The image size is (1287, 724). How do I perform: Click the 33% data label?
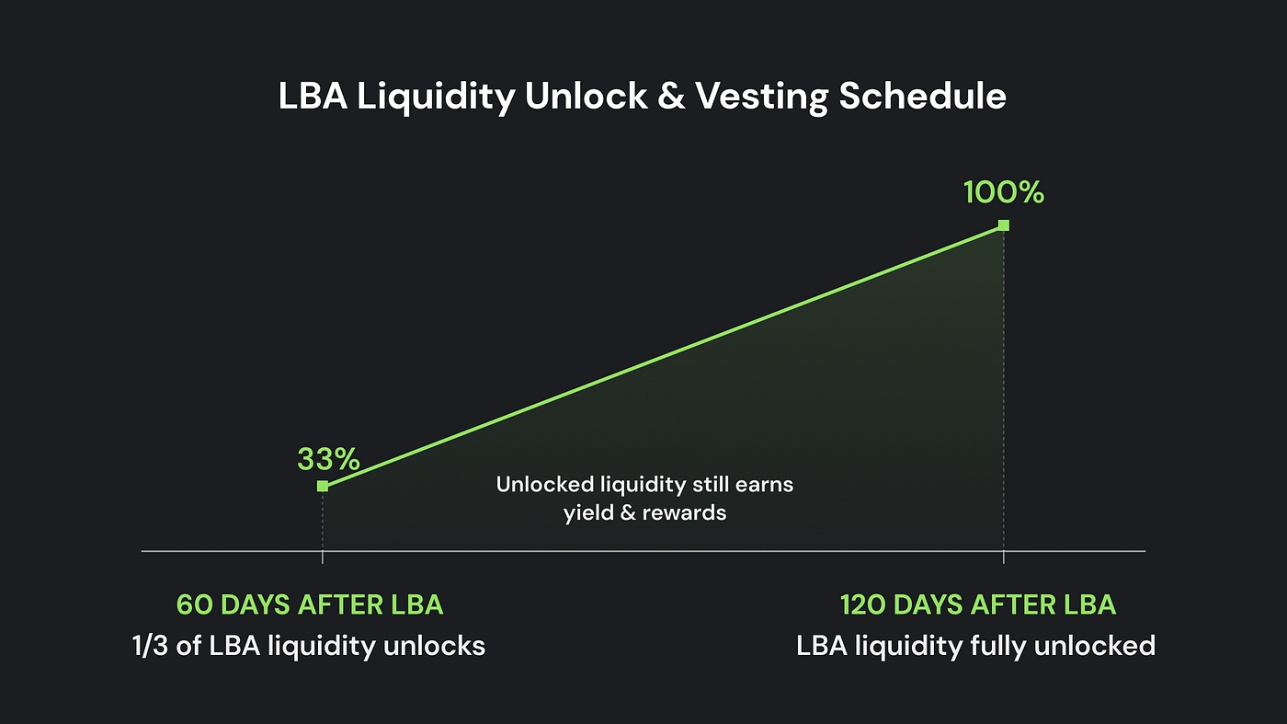pos(329,459)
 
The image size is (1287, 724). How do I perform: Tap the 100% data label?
pos(1004,192)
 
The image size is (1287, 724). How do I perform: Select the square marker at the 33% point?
pos(323,487)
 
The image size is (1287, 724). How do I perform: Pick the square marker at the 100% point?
pos(1004,224)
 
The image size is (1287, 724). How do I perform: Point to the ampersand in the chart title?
pos(672,96)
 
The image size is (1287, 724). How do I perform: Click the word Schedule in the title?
pos(923,96)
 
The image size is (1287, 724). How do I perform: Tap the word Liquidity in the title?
pos(436,97)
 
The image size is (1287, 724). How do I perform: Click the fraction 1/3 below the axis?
pos(150,646)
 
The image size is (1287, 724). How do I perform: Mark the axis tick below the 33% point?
pos(323,557)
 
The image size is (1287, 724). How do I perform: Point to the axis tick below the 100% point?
pos(1004,557)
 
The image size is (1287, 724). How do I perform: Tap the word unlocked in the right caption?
pos(1095,645)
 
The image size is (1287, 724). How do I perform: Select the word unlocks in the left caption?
pos(434,646)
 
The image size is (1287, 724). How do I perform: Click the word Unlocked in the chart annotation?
pos(544,484)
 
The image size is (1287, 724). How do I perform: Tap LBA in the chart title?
pos(313,96)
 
